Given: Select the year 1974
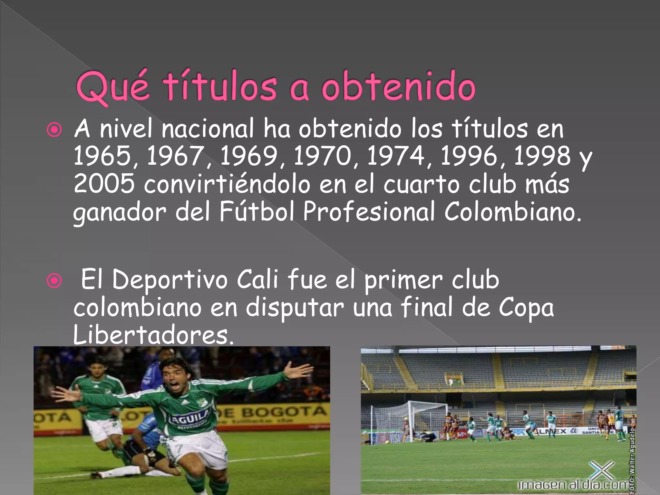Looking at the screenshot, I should [396, 156].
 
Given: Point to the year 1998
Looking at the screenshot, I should [543, 156].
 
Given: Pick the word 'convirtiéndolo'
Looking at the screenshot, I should [227, 184].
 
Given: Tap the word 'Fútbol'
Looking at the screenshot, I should [257, 211].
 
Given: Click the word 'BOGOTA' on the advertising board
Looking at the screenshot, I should [284, 412].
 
